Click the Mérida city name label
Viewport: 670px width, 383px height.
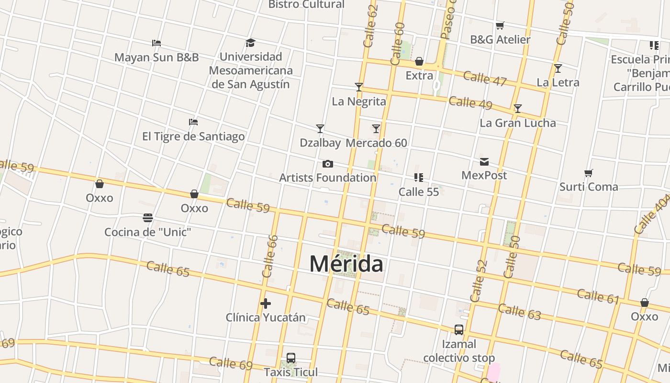(346, 264)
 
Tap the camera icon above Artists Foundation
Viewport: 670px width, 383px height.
(327, 164)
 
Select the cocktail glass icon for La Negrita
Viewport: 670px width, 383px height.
(359, 87)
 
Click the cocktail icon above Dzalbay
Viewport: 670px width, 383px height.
(320, 128)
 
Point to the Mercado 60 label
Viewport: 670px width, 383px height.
(376, 143)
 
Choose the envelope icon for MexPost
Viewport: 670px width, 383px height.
(484, 162)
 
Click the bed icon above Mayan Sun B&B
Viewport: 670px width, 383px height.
(156, 43)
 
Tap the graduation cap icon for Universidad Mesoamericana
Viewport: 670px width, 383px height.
(250, 43)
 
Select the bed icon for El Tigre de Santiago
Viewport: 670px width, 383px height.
(193, 122)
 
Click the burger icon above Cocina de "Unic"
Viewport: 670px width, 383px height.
(148, 218)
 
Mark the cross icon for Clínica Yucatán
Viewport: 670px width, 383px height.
(266, 304)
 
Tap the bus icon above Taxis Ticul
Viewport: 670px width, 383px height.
(290, 358)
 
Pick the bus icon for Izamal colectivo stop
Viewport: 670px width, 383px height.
(458, 330)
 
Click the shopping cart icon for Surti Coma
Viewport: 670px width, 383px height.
(589, 173)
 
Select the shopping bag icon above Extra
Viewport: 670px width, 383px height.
(419, 61)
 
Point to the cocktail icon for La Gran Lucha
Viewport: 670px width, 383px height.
(517, 109)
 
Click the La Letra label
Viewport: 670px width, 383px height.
(558, 82)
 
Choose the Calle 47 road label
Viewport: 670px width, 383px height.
(484, 79)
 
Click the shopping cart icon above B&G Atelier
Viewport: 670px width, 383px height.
(500, 25)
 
